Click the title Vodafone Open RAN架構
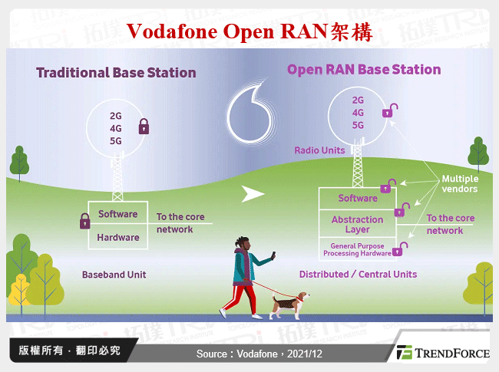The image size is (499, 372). coord(249,31)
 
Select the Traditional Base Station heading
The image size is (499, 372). coord(116,73)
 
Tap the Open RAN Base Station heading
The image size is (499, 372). coord(363,70)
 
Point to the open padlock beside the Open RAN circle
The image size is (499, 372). coord(389,110)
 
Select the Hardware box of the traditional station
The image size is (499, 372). coord(117,238)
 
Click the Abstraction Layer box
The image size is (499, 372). coord(357,224)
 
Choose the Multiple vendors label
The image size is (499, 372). coord(459,183)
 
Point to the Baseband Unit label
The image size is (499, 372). coord(114,274)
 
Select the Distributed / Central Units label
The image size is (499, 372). coord(358,274)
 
